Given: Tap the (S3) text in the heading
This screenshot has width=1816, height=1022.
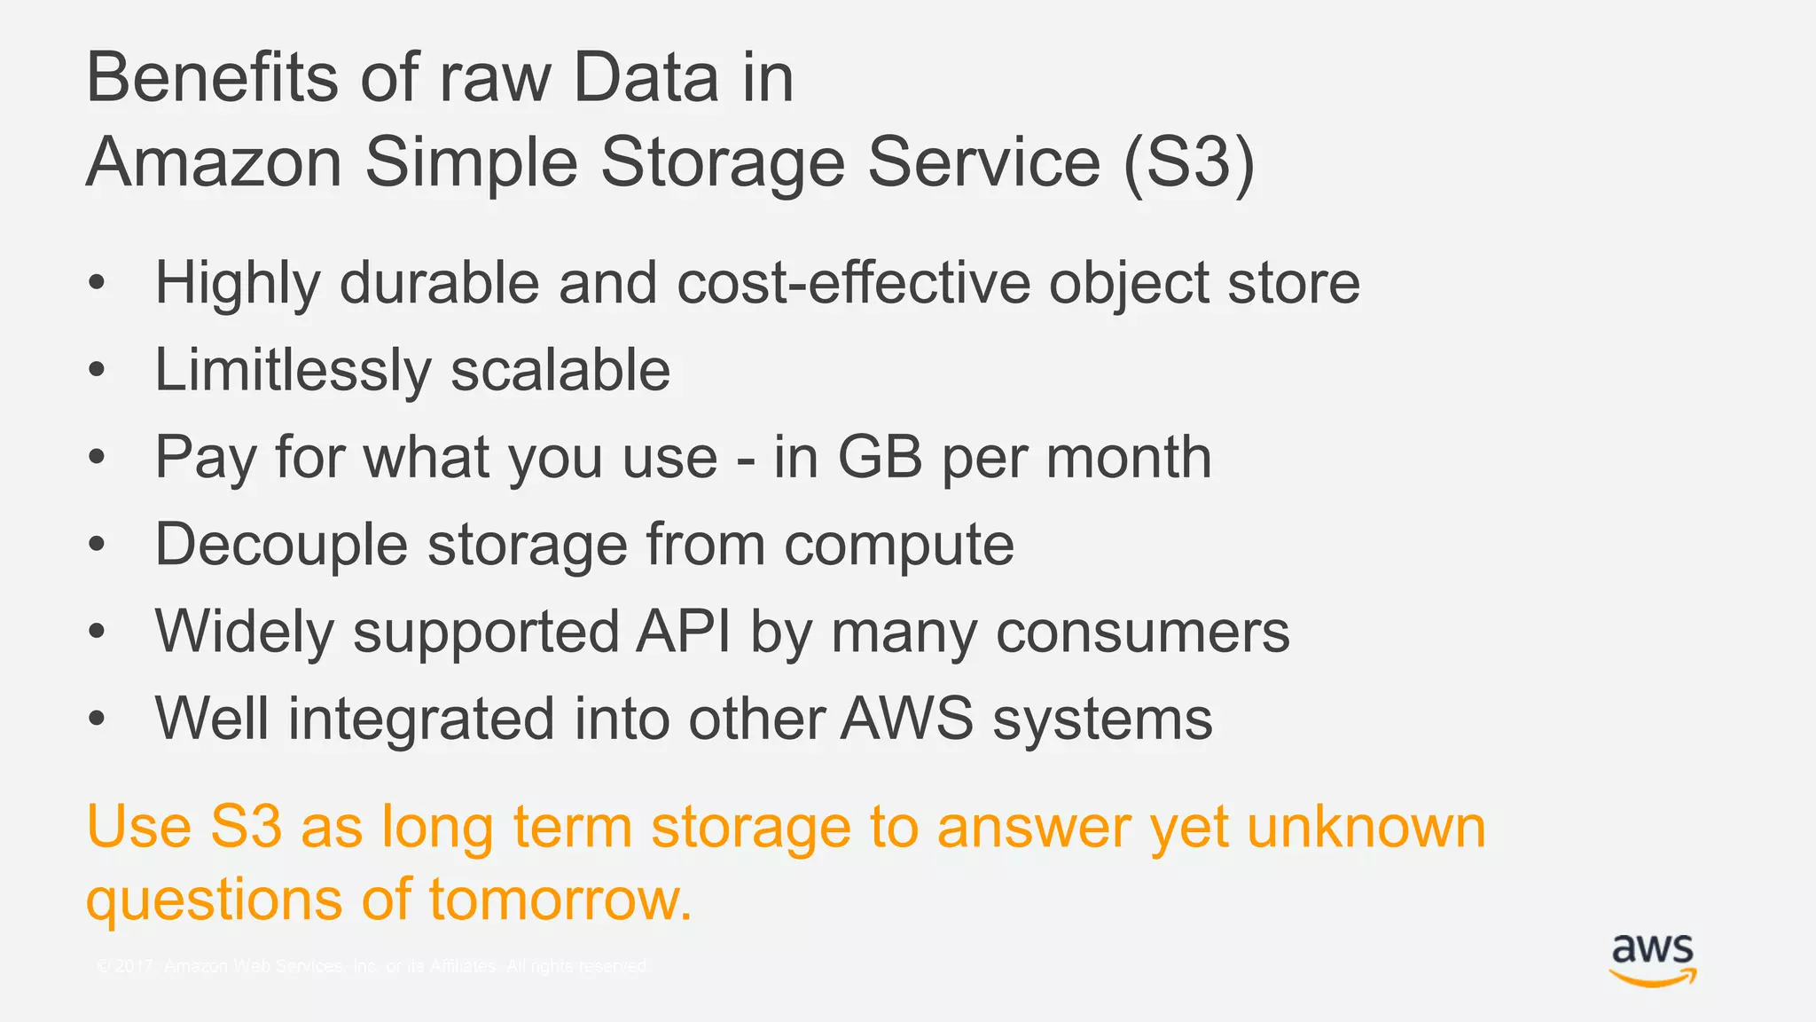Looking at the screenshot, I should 1188,162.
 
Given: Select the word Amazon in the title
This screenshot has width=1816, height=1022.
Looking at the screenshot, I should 214,162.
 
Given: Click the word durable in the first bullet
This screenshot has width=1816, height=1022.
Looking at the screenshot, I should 439,283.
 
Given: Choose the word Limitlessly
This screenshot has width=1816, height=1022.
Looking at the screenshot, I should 292,370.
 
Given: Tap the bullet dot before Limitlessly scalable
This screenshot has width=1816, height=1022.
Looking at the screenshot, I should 97,371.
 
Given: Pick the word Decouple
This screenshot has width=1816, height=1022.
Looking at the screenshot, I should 281,545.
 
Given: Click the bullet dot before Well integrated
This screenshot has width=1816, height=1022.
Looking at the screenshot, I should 97,719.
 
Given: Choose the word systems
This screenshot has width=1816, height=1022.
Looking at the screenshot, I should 1102,719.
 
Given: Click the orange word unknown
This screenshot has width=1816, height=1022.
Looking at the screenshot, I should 1366,827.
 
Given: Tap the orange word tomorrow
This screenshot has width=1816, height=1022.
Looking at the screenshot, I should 560,900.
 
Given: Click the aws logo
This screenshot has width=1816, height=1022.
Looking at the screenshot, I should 1652,960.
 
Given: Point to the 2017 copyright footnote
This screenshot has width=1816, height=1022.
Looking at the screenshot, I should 372,966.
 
